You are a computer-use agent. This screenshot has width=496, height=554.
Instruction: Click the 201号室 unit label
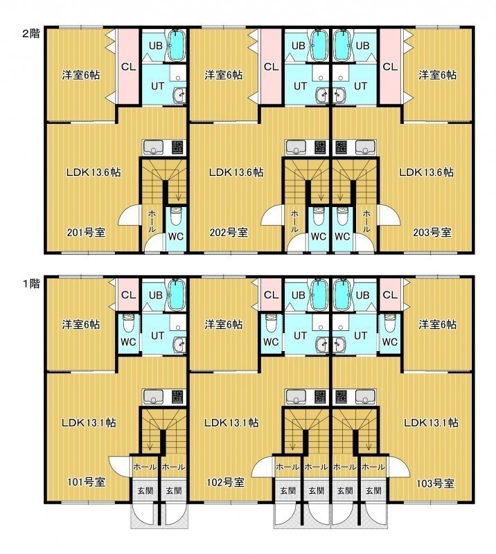tap(87, 233)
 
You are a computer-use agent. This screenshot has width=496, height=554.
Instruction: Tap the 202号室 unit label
tap(229, 233)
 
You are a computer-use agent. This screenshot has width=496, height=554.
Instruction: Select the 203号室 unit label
tap(432, 233)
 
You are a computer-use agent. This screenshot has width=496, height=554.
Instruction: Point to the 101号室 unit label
tap(87, 482)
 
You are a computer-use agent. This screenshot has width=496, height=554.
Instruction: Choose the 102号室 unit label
tap(226, 482)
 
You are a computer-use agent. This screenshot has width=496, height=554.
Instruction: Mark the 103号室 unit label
tap(435, 483)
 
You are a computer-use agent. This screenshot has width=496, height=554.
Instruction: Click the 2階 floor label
tap(31, 33)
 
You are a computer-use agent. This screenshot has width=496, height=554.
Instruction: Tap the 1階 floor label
tap(31, 283)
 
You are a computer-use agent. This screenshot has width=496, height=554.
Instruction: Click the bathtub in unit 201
tap(177, 45)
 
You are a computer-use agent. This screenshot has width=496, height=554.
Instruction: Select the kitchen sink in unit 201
tap(153, 147)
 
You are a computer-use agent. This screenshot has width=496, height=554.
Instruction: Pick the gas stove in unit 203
tap(341, 147)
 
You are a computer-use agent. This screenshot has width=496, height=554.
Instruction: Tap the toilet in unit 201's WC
tap(176, 217)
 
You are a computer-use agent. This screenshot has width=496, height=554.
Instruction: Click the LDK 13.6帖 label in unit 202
tap(236, 172)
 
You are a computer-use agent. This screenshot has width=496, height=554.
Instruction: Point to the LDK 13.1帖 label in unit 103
tap(432, 422)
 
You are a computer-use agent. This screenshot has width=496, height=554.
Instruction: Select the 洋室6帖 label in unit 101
tap(81, 324)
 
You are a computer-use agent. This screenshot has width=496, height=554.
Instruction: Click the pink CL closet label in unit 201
tap(128, 66)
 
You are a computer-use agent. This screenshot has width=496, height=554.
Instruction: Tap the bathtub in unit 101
tap(177, 295)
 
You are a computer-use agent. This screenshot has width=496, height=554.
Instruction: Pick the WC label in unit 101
tap(128, 341)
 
